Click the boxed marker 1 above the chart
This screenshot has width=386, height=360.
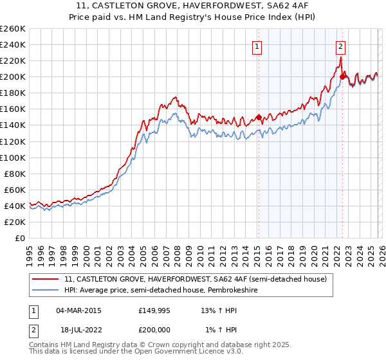point(257,46)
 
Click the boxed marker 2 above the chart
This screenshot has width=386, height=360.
point(340,46)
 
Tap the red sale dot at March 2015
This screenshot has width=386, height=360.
point(259,117)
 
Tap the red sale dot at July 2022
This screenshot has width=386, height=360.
point(342,76)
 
